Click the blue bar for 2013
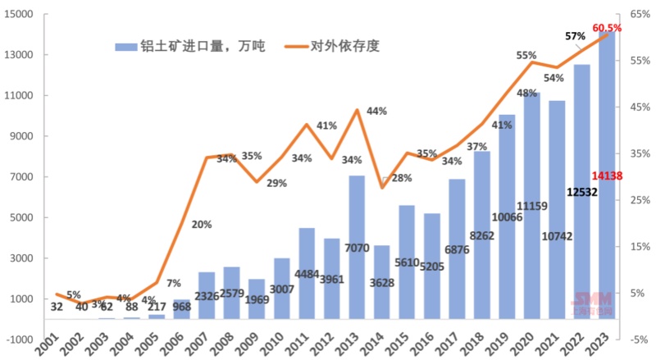tap(357, 246)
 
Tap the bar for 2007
tap(206, 295)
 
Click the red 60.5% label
tap(608, 27)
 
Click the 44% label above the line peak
tap(377, 111)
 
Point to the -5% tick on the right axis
tap(635, 339)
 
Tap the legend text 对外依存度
tap(345, 46)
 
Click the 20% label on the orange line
tap(202, 225)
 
